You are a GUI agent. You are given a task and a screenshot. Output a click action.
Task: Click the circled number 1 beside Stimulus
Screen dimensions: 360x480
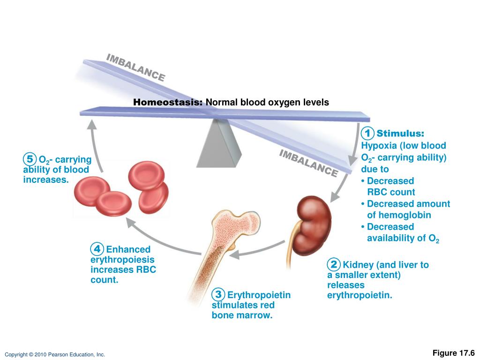[368, 133]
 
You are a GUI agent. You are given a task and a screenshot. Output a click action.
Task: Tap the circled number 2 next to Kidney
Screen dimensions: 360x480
[334, 264]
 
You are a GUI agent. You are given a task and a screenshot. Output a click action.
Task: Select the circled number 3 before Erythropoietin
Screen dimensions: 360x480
[218, 295]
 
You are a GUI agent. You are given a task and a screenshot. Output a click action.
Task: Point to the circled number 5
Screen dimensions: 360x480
[30, 159]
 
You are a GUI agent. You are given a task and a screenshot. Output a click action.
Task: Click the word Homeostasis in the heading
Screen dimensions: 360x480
[167, 102]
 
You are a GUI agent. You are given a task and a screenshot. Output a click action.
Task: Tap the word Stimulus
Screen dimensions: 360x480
[400, 134]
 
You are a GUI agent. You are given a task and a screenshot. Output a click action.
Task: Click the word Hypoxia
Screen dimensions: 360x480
[377, 146]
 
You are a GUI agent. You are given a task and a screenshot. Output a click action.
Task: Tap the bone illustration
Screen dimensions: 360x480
[221, 248]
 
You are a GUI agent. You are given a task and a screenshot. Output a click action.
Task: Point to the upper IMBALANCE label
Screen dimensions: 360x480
[135, 67]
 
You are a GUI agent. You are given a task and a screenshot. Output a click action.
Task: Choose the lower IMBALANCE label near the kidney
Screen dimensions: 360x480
[308, 163]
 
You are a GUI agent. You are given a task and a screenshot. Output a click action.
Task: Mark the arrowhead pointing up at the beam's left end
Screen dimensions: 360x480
[92, 123]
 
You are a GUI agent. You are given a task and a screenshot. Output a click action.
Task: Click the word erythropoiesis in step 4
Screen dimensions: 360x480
[122, 260]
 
